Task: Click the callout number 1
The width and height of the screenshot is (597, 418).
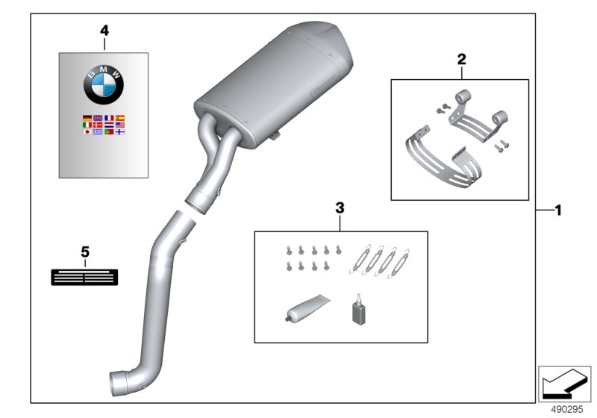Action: coord(558,210)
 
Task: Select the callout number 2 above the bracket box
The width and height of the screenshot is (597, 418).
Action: coord(461,59)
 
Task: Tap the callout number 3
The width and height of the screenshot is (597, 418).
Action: coord(340,208)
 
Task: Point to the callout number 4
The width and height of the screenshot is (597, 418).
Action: coord(104,31)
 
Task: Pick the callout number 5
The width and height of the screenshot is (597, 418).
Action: coord(85,252)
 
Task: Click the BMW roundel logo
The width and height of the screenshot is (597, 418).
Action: coord(104,84)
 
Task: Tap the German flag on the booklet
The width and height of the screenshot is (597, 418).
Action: coord(87,118)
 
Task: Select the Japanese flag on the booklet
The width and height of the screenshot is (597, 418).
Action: coord(87,131)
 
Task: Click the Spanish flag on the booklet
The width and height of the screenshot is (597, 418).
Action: coord(120,118)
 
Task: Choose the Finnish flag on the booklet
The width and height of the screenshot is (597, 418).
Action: coord(120,131)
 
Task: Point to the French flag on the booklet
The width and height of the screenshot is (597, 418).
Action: coord(109,118)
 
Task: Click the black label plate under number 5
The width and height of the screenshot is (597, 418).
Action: coord(84,277)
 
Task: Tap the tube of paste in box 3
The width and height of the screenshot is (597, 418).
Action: coord(307,307)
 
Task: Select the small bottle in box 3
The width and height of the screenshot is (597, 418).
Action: coord(358,311)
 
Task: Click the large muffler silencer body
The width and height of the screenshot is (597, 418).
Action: coord(274,84)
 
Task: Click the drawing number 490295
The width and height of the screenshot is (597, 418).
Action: coord(567,409)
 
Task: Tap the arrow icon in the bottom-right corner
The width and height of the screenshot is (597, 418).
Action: coord(564,384)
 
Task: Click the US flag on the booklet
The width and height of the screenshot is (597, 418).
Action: coord(120,125)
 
